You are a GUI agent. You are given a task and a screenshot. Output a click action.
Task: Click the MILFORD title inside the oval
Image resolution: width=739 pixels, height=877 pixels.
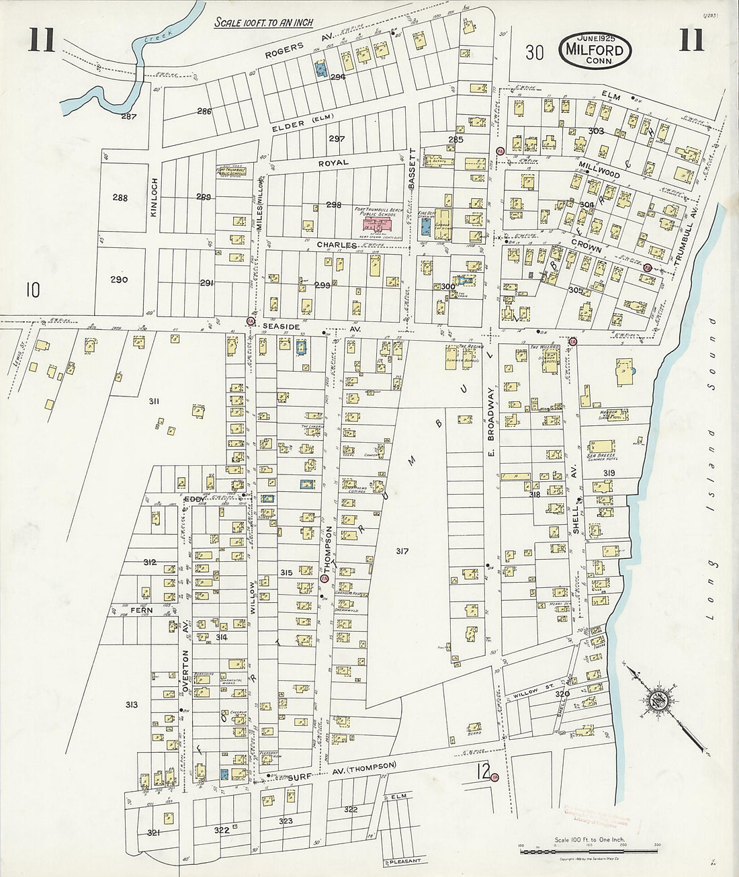click(594, 50)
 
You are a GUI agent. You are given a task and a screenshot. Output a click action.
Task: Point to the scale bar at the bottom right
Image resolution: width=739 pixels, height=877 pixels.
click(589, 851)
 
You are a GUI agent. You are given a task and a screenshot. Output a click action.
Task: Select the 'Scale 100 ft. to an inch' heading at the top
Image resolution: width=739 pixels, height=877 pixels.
click(264, 22)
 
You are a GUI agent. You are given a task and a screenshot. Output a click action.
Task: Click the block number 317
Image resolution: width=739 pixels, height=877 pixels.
click(402, 551)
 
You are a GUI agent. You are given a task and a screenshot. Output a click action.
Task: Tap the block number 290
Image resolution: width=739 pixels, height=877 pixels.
click(120, 280)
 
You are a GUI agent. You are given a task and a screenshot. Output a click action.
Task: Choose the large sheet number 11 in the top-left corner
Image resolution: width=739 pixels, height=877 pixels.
click(41, 40)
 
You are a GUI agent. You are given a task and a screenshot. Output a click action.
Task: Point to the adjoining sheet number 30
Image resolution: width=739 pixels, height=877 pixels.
click(534, 52)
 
